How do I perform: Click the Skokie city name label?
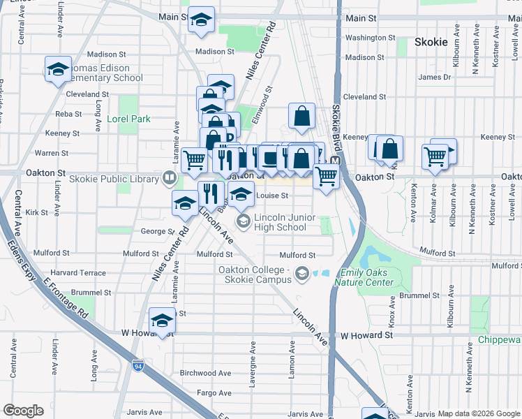coord(431,42)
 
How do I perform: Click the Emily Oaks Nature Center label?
coord(364,277)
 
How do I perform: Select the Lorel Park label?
coord(128,119)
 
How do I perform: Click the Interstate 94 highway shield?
coord(138,364)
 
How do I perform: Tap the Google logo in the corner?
coord(23,410)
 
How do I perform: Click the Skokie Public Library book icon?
coord(169,179)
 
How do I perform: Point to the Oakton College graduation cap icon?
coord(301,273)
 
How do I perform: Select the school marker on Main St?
coord(201,20)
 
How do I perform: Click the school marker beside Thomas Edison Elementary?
coord(59,68)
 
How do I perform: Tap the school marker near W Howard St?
coord(162,320)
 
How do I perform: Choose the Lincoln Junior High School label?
coord(281,222)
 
